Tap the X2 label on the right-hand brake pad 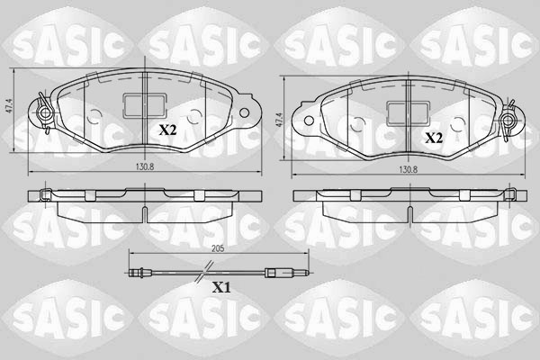(434, 139)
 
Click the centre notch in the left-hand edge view (145, 211)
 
